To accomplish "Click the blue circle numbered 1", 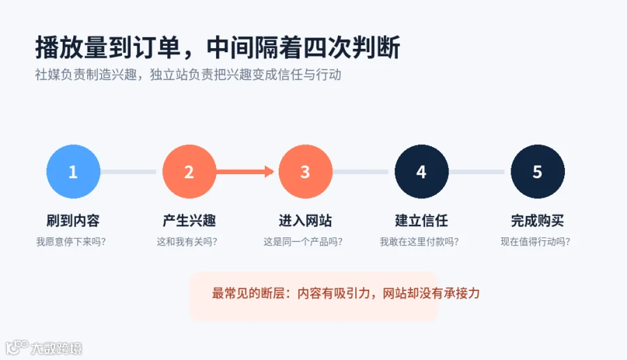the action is point(73,171).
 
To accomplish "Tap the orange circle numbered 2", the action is point(189,171).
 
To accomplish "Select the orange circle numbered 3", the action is point(306,171).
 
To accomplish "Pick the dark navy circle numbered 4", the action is point(421,171).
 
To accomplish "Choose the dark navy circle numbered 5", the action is point(538,171).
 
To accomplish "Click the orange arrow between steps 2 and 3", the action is point(245,171).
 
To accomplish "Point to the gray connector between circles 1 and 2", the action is point(128,172).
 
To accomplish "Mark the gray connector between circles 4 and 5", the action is point(477,172).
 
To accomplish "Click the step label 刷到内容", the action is point(73,221).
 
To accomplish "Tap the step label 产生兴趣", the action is point(189,221).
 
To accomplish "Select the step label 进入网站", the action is point(306,221).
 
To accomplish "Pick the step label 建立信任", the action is point(421,221).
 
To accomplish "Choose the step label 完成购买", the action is point(538,221).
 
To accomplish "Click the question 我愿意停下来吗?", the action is point(71,242).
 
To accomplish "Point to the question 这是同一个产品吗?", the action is point(303,242).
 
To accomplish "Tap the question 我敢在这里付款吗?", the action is point(419,242).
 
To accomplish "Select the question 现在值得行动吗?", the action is point(536,242).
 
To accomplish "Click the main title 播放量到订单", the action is point(108,47).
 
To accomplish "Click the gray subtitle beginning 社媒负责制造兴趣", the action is point(188,75).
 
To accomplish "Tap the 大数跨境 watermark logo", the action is point(44,347).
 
